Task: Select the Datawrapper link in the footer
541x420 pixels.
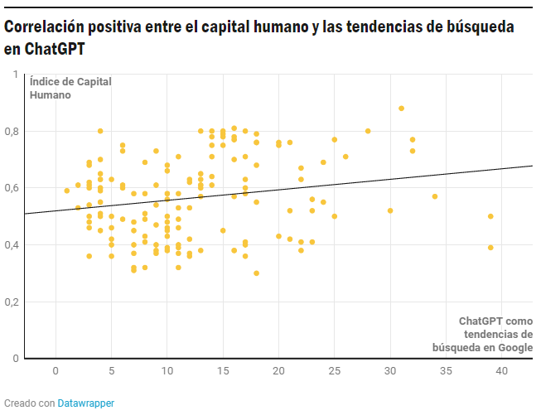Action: (x=86, y=403)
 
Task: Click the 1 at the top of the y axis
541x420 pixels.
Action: (x=15, y=75)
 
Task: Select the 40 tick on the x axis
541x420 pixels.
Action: (x=501, y=371)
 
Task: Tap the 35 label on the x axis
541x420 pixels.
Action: (x=446, y=371)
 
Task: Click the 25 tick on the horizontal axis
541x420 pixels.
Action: (x=334, y=371)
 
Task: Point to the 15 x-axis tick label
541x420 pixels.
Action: (x=222, y=371)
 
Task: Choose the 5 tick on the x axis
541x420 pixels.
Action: (x=111, y=371)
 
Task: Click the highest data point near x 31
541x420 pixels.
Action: (x=401, y=109)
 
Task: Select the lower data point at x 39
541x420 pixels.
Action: (x=490, y=248)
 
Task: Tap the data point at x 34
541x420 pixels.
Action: (x=434, y=196)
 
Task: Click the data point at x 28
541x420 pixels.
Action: (x=368, y=131)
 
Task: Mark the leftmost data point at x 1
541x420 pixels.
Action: (x=67, y=191)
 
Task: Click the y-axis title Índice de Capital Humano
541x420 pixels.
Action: (x=70, y=88)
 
